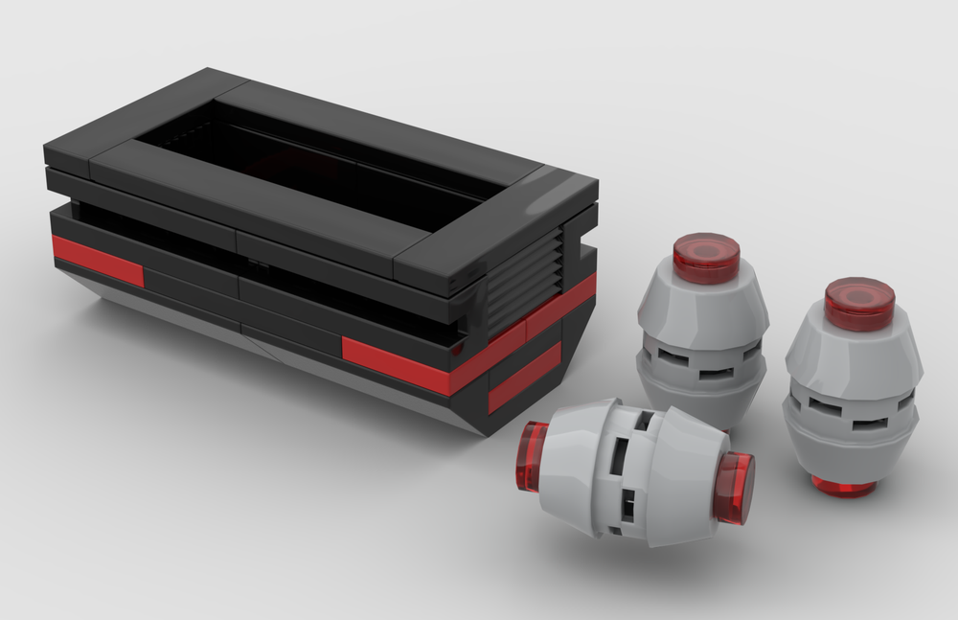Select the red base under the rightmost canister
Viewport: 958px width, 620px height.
coord(843,486)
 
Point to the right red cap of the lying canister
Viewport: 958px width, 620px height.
coord(735,488)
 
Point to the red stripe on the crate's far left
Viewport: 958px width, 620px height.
coord(96,260)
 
